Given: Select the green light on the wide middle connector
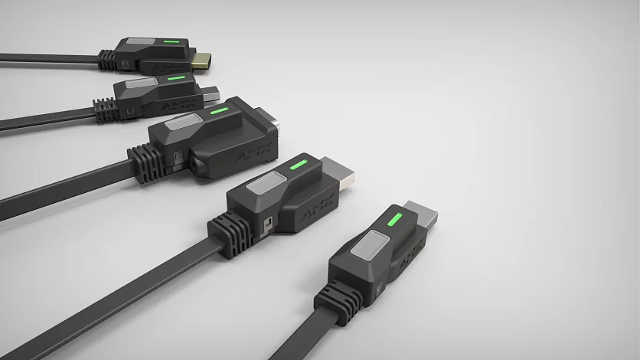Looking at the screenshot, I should point(218,111).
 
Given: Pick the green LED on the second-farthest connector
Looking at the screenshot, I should point(175,77).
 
